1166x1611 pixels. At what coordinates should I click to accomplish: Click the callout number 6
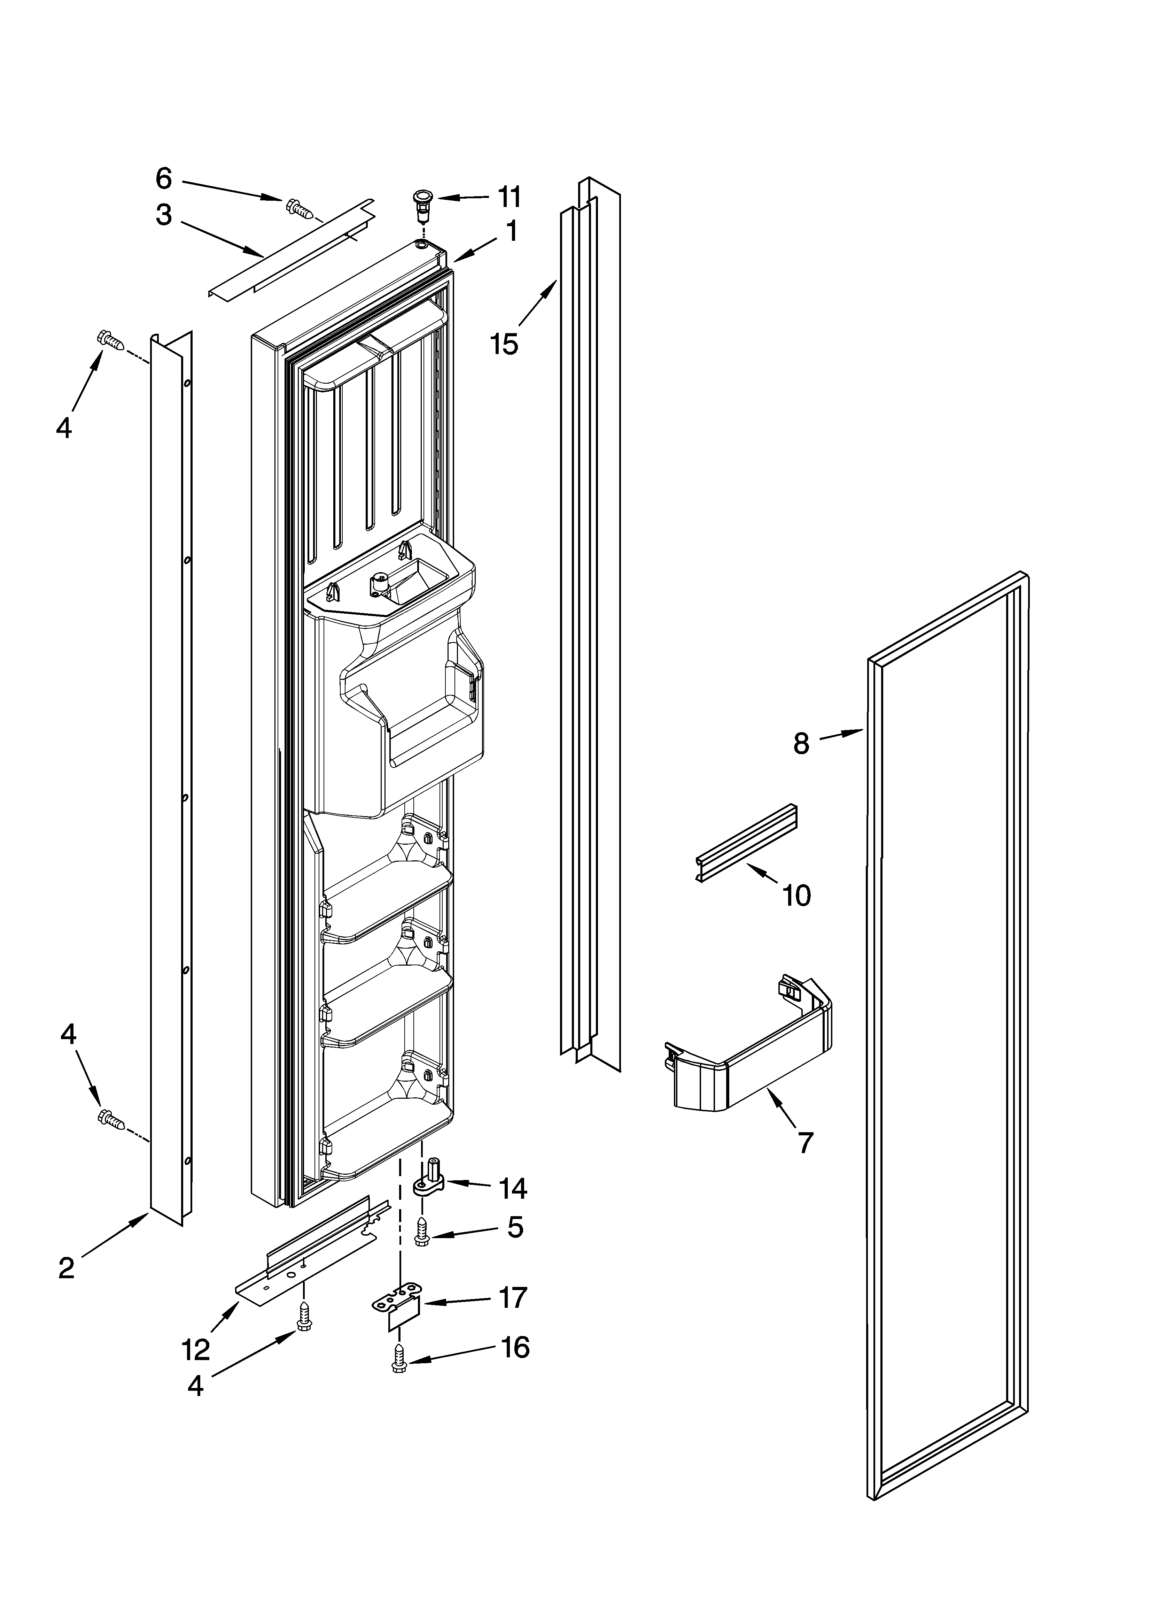coord(164,179)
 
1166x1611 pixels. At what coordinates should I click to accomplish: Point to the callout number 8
coord(801,744)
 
